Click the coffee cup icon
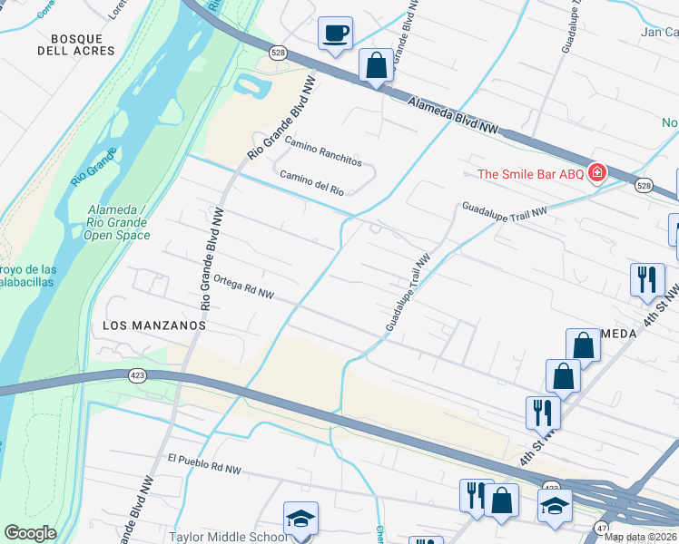(x=335, y=34)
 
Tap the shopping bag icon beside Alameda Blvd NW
(x=375, y=65)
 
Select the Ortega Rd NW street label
(x=242, y=287)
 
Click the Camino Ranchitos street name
(x=323, y=152)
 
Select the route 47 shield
(x=600, y=528)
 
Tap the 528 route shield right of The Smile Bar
(x=643, y=185)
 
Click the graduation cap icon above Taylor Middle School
(x=300, y=519)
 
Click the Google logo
(x=30, y=533)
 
